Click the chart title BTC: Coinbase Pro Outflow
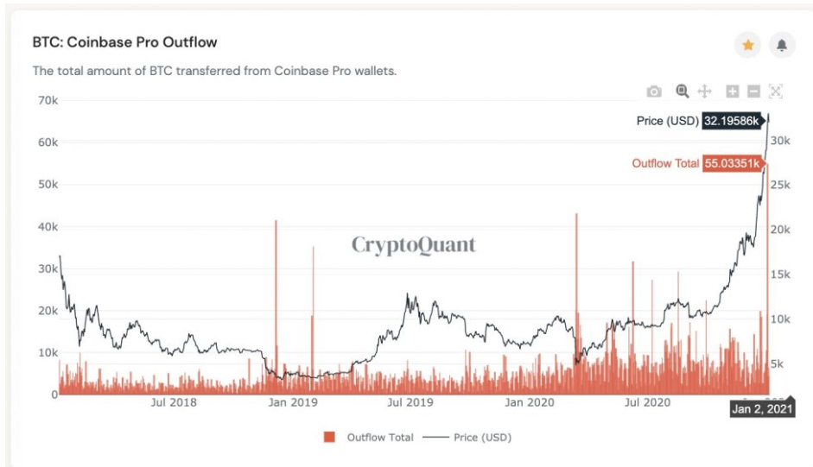124,42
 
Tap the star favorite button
747,45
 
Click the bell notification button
782,45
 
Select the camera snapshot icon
654,92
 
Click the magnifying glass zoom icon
682,92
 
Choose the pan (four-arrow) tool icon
704,92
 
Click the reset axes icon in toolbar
775,92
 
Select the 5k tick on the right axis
778,363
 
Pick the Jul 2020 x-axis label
648,402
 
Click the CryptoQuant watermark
413,245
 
